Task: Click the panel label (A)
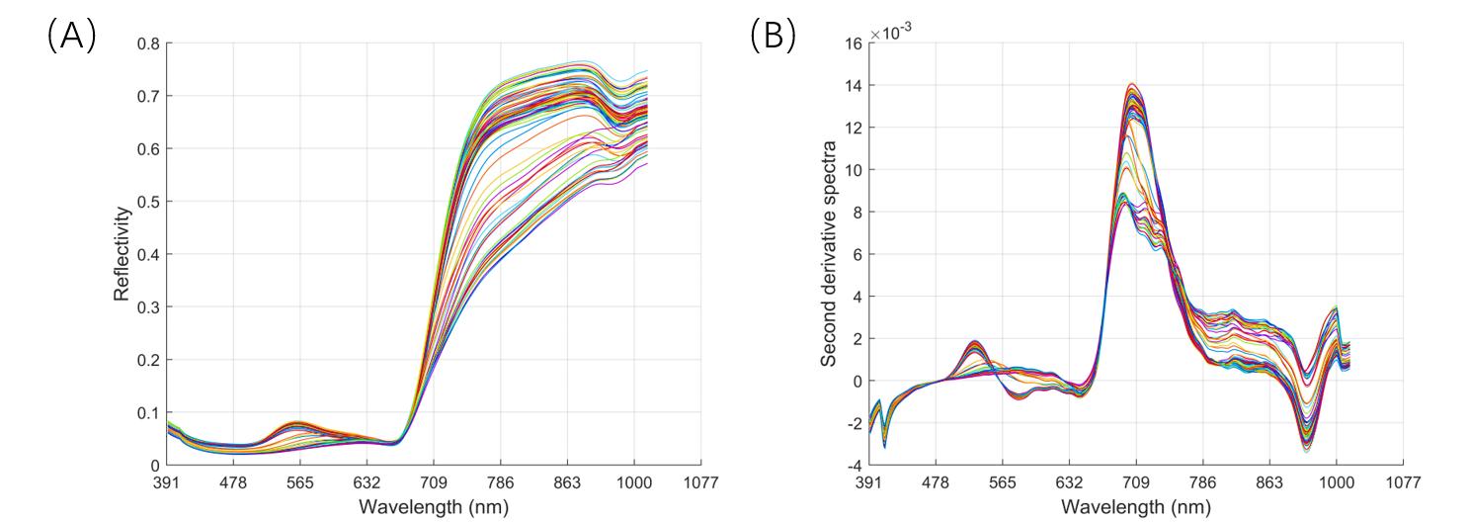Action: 71,36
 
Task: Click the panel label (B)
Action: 773,36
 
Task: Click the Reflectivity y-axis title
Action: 122,253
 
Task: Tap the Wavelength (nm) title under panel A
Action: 434,506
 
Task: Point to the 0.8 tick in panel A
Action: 149,43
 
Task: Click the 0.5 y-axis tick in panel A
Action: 149,202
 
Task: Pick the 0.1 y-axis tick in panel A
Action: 149,412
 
